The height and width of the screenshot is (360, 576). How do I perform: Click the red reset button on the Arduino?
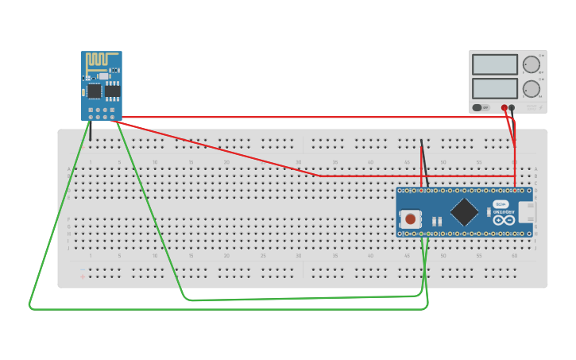(x=410, y=219)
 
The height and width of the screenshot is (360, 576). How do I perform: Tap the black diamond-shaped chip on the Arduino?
(x=464, y=212)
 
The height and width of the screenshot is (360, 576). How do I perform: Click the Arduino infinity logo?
(x=503, y=220)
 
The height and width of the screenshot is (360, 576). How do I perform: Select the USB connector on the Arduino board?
(x=526, y=212)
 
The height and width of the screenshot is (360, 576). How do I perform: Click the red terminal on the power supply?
(x=504, y=107)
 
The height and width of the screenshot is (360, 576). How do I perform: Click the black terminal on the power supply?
(x=512, y=107)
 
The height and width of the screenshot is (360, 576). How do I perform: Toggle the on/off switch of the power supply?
(x=477, y=107)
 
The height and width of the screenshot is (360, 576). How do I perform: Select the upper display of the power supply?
(x=494, y=64)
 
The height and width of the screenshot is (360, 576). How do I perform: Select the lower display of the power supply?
(x=494, y=87)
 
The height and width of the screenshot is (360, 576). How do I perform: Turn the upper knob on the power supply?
(x=531, y=64)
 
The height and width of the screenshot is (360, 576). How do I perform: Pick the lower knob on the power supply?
(x=531, y=88)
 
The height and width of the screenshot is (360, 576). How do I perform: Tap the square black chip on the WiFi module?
(x=95, y=91)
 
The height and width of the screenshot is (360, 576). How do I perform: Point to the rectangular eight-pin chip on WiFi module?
(x=113, y=91)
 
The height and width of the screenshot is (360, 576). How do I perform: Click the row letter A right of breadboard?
(x=536, y=169)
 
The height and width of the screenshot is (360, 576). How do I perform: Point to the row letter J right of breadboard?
(x=536, y=248)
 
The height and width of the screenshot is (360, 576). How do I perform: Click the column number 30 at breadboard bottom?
(x=299, y=256)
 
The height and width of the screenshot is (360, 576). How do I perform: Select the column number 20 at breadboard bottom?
(x=226, y=256)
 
